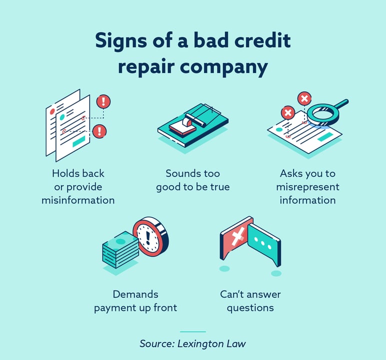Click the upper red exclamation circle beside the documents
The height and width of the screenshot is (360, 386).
[x=103, y=101]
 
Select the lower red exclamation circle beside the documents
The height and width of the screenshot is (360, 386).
[x=99, y=131]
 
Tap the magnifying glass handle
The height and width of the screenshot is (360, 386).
[x=341, y=104]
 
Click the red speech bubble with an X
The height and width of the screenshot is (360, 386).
[x=237, y=239]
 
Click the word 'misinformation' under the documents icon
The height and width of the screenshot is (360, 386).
[x=78, y=200]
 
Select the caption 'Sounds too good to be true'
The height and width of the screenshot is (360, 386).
[x=192, y=180]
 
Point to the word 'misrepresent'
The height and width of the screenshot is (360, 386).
[x=307, y=187]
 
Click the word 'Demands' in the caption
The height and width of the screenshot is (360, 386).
[x=135, y=294]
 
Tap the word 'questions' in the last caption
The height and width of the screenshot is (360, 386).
[x=250, y=307]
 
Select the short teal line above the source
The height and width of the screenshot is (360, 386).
[x=192, y=331]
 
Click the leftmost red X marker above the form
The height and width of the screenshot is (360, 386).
[x=287, y=113]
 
